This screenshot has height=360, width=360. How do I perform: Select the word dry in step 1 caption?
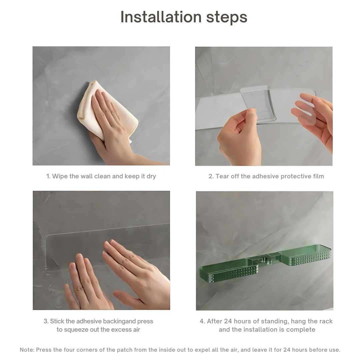151,176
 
